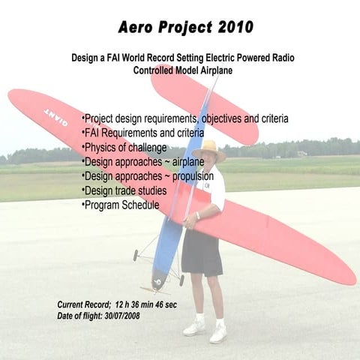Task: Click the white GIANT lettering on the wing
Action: [55, 115]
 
